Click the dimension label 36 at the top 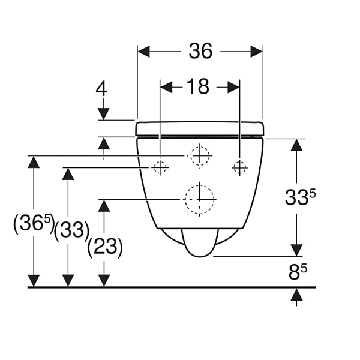200,52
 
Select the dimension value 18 197,87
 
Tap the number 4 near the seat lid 101,89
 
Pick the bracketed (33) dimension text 71,230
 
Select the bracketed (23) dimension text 105,247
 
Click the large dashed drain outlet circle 199,198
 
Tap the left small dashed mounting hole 160,167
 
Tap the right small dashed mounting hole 239,167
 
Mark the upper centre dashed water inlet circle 199,155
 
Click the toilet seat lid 200,128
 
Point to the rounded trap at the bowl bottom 199,244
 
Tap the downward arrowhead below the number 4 104,113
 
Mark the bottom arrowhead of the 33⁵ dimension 296,250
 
